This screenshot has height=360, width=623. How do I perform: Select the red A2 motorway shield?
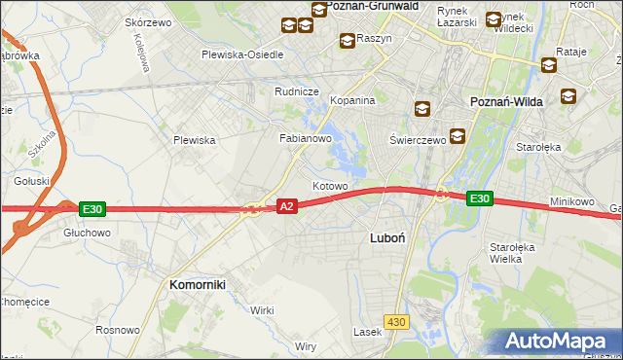click(286, 206)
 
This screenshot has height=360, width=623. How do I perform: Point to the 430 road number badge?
click(395, 321)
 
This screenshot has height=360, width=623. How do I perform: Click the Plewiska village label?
click(194, 140)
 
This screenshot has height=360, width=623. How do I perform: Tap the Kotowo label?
click(330, 185)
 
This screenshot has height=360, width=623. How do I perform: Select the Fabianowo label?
click(306, 139)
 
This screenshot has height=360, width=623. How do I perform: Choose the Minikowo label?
click(571, 201)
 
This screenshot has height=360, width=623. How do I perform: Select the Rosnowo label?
click(118, 330)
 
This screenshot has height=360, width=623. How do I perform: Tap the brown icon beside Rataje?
click(548, 65)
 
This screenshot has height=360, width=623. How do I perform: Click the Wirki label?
click(262, 309)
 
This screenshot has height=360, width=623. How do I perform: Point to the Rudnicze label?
click(297, 91)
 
